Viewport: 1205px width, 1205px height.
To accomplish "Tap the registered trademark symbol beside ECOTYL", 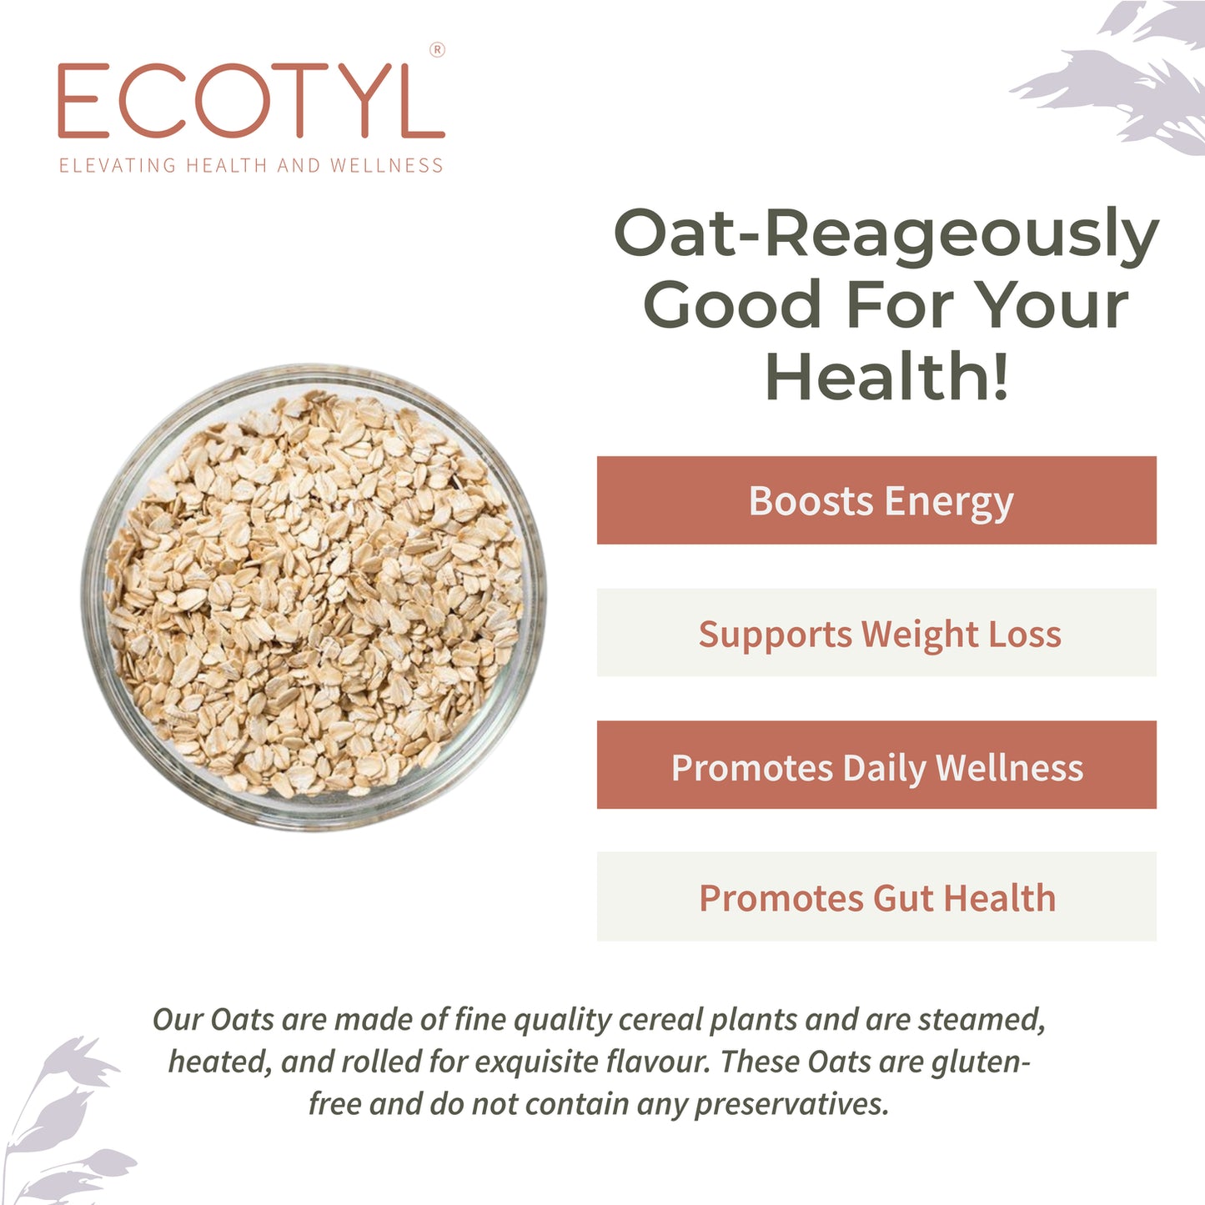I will [x=437, y=50].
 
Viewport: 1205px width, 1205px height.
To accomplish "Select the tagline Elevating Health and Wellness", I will [x=250, y=165].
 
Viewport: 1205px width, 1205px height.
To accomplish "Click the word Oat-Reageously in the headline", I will [x=886, y=233].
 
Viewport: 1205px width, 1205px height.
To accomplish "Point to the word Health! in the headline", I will [x=887, y=377].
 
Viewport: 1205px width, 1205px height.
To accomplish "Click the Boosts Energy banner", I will [x=876, y=500].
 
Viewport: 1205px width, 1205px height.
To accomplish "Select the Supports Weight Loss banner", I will [x=876, y=633].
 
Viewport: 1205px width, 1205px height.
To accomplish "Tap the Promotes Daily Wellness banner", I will [x=876, y=765].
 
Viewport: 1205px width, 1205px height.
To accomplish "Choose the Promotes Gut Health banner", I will [x=876, y=896].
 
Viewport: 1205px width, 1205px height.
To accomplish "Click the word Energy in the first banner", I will [x=949, y=503].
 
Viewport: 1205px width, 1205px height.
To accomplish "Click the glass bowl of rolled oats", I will [x=314, y=595].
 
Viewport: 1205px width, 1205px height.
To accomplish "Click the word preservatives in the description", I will [x=791, y=1105].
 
